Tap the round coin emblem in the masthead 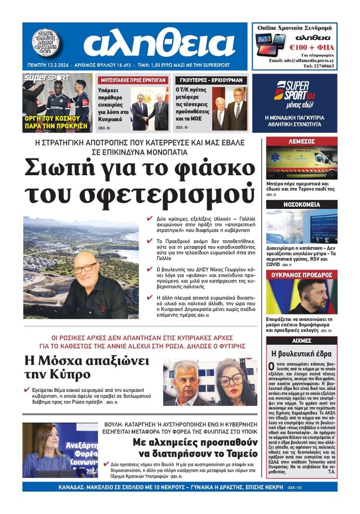(47, 43)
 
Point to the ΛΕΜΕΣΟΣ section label (301, 142)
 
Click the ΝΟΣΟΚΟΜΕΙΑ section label (301, 205)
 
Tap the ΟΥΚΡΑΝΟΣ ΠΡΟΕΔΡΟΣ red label (301, 275)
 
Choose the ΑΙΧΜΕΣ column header (301, 340)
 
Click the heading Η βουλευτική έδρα (301, 353)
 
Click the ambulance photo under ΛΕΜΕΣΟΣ (301, 164)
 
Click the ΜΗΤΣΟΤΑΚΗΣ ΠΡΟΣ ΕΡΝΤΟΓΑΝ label (133, 80)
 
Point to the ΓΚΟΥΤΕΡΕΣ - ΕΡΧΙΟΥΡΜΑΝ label (211, 80)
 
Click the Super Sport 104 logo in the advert (291, 90)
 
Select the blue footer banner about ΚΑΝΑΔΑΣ (180, 487)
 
